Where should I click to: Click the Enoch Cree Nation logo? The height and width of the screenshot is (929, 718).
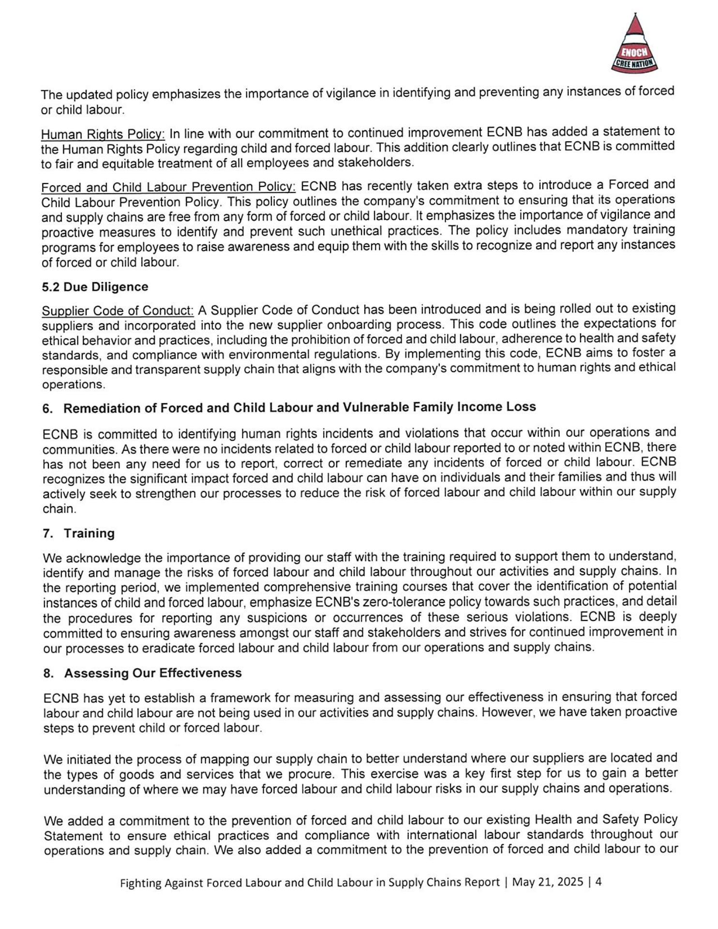coord(634,44)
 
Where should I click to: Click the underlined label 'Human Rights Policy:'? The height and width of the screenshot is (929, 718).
coord(103,134)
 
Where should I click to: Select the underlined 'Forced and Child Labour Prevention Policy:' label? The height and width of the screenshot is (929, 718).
coord(168,187)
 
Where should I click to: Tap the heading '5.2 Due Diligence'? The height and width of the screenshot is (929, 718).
coord(95,287)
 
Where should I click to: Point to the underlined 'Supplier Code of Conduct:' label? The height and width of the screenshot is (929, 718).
coord(118,310)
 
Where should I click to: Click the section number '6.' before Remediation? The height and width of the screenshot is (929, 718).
coord(47,409)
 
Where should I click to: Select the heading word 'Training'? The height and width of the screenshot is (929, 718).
coord(89,534)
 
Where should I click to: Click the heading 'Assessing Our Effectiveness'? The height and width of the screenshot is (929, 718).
coord(152,673)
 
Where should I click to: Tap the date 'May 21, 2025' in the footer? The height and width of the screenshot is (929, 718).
coord(547,882)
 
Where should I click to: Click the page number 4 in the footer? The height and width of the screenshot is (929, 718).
coord(598,882)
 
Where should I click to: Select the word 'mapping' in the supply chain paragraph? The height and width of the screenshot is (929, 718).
coord(223,759)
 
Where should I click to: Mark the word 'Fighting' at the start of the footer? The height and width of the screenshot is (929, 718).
coord(140,883)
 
